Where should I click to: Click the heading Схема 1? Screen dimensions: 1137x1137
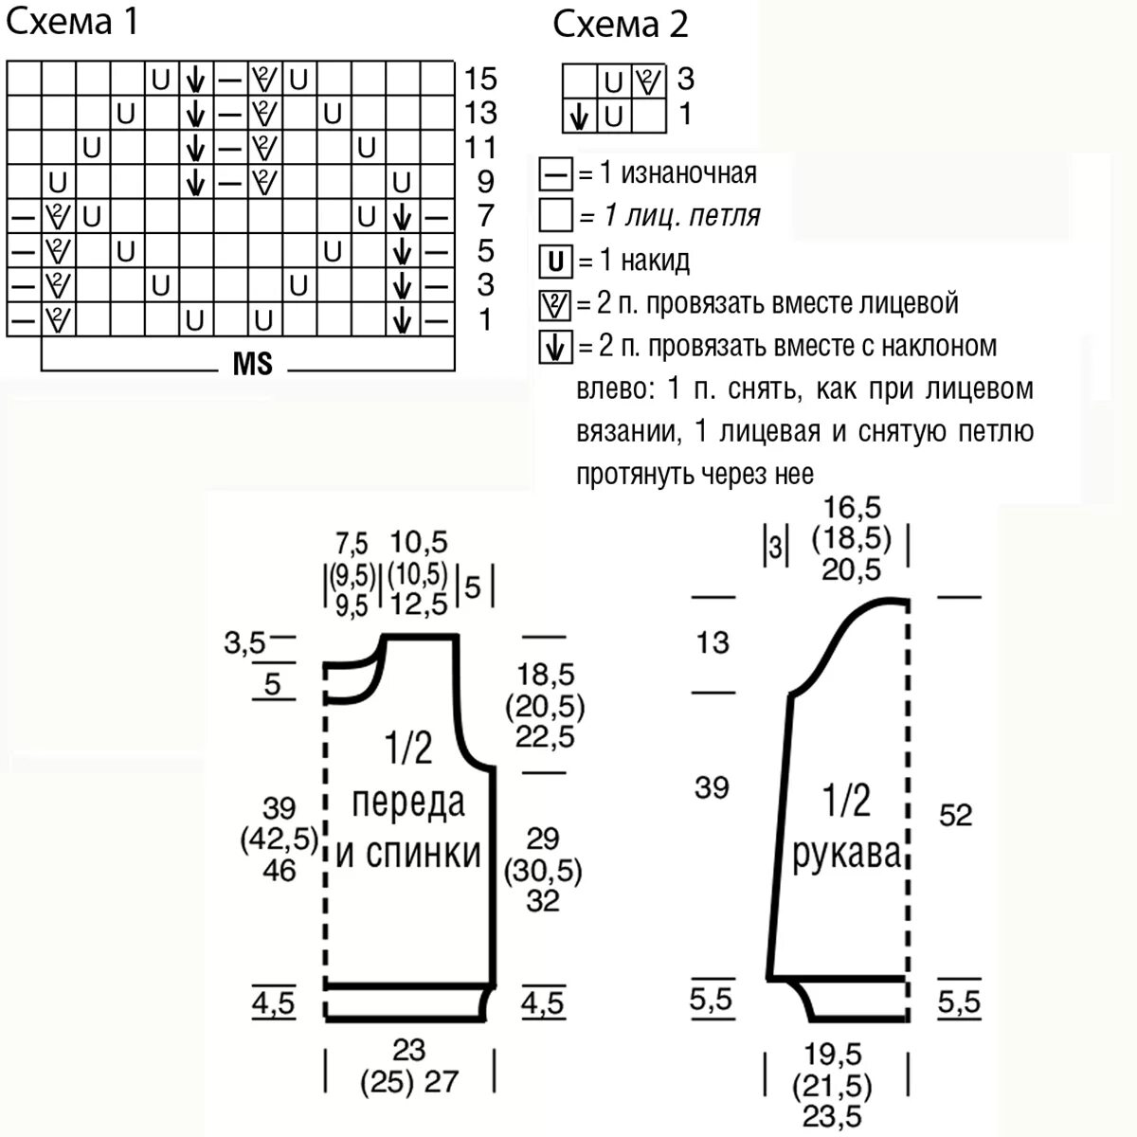click(x=73, y=22)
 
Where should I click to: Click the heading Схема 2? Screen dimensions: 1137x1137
click(x=621, y=25)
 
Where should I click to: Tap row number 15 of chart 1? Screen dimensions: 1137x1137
click(x=480, y=79)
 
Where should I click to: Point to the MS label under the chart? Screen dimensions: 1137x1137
click(x=252, y=364)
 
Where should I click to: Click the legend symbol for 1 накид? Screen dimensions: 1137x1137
click(x=555, y=261)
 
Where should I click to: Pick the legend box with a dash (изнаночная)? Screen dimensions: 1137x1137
click(x=555, y=174)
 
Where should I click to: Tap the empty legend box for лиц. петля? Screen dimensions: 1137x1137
click(x=555, y=216)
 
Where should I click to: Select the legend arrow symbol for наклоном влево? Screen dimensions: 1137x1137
click(x=555, y=348)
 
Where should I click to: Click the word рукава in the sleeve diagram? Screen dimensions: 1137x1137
click(x=846, y=855)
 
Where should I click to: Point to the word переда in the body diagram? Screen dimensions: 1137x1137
click(x=409, y=803)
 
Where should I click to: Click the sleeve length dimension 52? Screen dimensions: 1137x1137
click(x=955, y=815)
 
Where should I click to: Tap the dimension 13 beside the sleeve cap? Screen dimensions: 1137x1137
click(x=713, y=642)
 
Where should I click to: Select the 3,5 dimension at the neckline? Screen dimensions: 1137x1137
click(x=244, y=644)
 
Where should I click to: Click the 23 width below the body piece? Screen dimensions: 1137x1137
click(x=409, y=1049)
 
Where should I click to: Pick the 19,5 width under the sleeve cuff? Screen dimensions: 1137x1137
click(x=835, y=1054)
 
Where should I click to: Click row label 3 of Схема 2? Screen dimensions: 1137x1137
click(x=685, y=79)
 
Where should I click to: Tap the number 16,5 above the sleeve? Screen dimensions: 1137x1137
click(x=852, y=508)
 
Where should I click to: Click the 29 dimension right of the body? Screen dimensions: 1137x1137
click(x=543, y=839)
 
